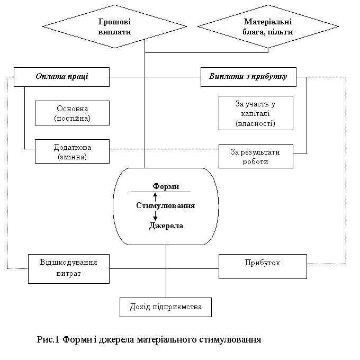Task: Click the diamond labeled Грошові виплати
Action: point(114,26)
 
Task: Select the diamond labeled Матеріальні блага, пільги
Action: point(268,26)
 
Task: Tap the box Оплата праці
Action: point(61,77)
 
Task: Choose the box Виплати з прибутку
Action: point(248,77)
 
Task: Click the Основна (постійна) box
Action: point(72,113)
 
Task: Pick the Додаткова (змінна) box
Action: point(72,151)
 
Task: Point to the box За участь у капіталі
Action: point(256,113)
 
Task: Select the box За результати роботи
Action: point(256,157)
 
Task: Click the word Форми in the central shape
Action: point(166,186)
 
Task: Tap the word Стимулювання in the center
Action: point(165,205)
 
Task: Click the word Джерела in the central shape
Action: point(166,226)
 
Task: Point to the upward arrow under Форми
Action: point(155,196)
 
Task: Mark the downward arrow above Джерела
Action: point(155,216)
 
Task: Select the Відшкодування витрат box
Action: point(69,268)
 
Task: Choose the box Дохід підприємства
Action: point(165,307)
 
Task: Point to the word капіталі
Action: point(256,113)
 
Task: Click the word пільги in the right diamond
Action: point(282,32)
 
